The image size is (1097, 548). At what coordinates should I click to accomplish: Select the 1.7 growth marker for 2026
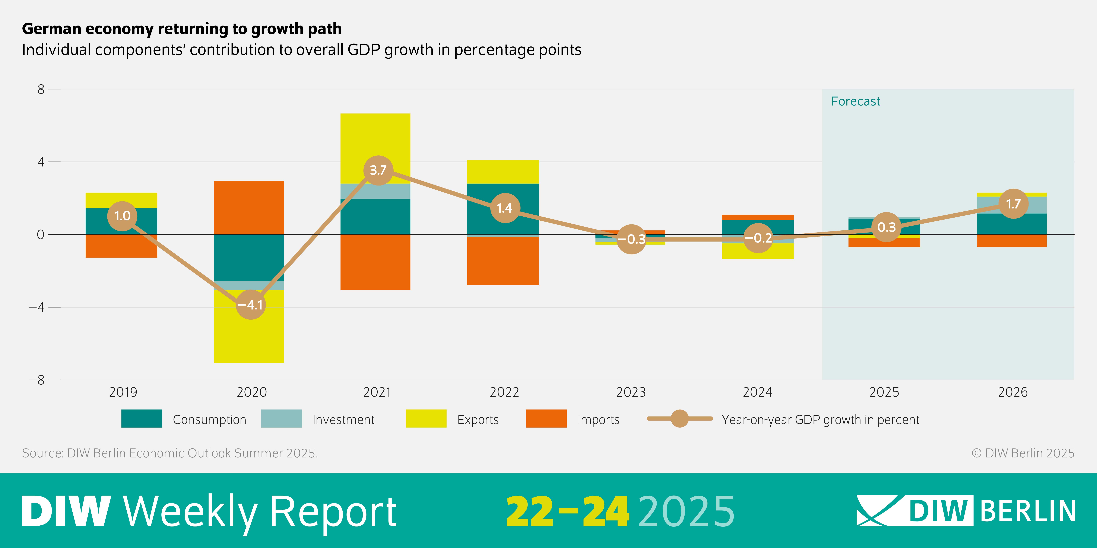[x=1013, y=204]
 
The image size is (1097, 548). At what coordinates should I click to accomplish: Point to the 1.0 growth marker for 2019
[x=122, y=216]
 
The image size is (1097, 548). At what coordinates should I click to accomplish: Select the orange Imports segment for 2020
[x=249, y=208]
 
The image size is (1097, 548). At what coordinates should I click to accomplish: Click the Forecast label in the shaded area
[x=855, y=101]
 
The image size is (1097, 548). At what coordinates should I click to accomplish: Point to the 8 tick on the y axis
[x=41, y=89]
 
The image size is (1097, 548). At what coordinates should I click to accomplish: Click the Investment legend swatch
[x=281, y=419]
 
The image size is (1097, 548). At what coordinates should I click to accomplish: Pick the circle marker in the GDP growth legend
[x=680, y=419]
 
